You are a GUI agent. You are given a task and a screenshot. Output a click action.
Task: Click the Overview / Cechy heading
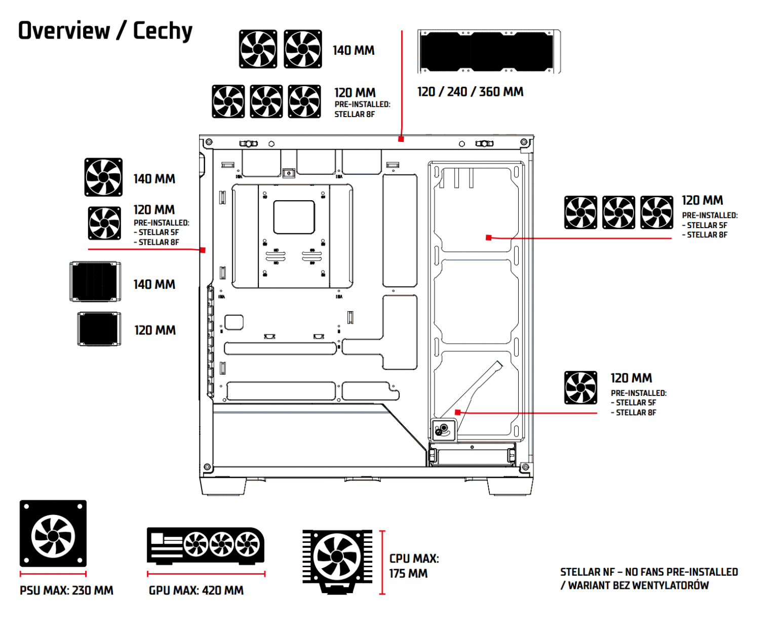tap(105, 31)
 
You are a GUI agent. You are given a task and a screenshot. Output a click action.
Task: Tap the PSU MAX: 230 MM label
tap(66, 591)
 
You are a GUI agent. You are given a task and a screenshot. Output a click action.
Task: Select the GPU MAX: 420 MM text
tap(196, 591)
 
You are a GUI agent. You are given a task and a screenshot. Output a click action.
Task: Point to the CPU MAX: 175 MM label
tap(413, 566)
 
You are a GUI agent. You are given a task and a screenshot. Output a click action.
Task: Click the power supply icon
tap(53, 534)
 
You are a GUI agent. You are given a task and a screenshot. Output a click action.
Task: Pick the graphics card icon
tap(206, 545)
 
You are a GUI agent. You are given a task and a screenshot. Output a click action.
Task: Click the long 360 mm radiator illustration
tap(489, 52)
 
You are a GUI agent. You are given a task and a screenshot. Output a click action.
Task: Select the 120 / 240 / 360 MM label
tap(470, 92)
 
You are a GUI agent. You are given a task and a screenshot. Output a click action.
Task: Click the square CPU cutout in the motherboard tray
tap(294, 217)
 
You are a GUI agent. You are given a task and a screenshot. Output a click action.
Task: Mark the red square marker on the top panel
tap(401, 139)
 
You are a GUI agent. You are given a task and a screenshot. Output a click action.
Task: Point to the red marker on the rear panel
tap(203, 250)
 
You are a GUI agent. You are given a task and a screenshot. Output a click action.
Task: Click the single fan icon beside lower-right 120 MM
tap(581, 388)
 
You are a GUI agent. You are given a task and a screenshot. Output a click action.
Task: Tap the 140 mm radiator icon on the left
tap(95, 282)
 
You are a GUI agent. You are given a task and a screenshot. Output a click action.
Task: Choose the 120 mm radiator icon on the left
tap(99, 329)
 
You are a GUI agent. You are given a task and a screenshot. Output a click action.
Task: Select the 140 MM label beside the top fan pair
tap(354, 50)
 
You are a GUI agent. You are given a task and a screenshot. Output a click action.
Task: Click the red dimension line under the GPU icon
tap(206, 574)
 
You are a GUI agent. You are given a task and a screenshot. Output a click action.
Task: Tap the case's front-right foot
tap(510, 486)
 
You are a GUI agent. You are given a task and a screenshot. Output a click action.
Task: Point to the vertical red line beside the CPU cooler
tap(382, 562)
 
